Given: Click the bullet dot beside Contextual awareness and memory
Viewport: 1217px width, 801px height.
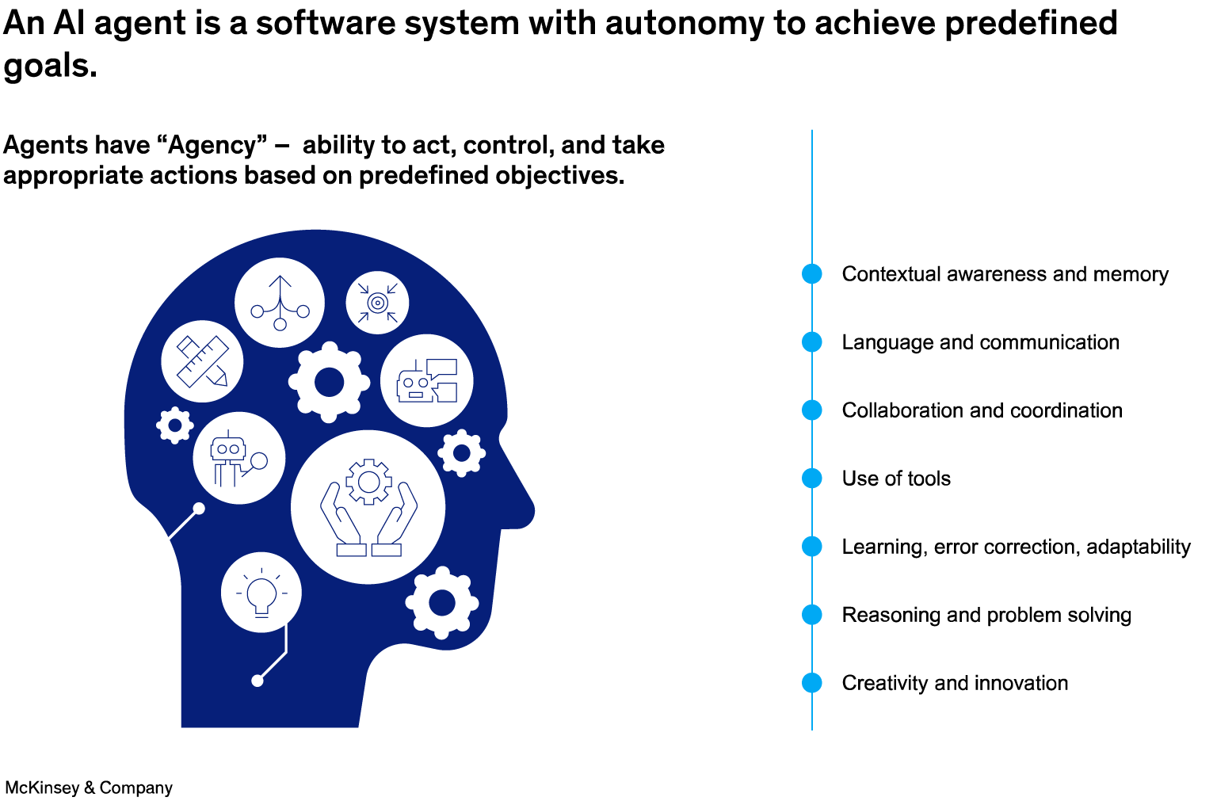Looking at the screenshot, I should [812, 273].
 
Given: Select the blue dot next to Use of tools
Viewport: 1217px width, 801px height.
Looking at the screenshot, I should [812, 478].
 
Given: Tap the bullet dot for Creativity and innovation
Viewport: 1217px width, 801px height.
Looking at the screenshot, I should [812, 682].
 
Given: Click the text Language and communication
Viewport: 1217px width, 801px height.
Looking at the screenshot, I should [980, 342].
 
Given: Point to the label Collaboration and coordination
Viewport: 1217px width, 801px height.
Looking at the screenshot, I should [982, 410].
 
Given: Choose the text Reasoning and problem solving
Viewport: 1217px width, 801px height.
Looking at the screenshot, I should [986, 615].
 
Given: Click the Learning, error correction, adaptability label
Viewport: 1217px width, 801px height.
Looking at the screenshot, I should [1016, 547].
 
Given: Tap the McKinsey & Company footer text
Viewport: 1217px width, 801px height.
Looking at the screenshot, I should [89, 788].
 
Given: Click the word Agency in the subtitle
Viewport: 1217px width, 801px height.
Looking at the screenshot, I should [213, 145].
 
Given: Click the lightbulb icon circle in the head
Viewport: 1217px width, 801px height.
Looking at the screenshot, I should [261, 592].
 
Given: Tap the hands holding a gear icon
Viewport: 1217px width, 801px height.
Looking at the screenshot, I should [368, 507].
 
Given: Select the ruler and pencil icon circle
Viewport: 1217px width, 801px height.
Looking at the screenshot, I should [202, 361].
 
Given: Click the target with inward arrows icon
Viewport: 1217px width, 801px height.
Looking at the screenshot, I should [377, 303].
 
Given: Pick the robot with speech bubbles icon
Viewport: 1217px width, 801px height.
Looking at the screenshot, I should [427, 381].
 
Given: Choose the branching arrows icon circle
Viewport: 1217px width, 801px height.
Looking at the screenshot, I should [280, 302].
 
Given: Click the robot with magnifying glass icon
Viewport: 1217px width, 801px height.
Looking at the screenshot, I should [238, 458].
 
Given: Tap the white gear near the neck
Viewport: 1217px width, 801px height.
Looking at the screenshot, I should [441, 603].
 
